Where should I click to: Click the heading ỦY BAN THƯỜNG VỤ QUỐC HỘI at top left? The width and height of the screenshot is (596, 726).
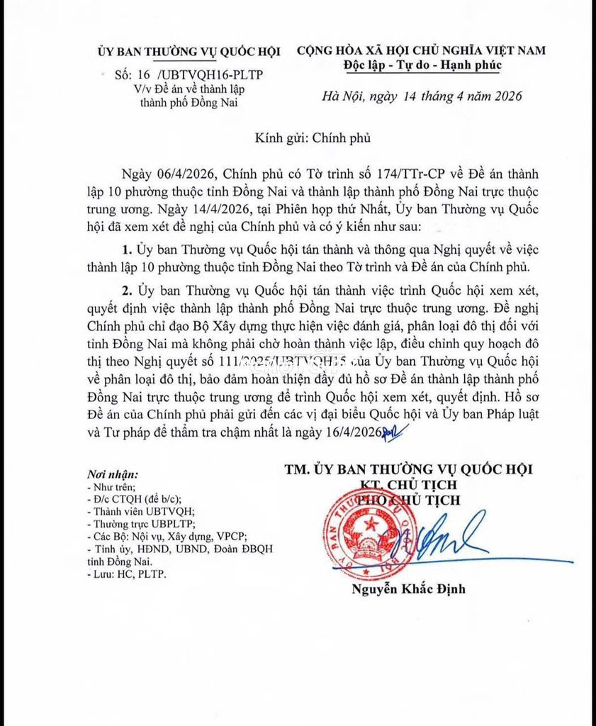tap(189, 51)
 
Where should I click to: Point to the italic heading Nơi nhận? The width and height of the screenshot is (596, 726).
tap(112, 474)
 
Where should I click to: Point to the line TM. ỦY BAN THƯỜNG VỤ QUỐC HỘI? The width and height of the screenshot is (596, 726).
tap(408, 469)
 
